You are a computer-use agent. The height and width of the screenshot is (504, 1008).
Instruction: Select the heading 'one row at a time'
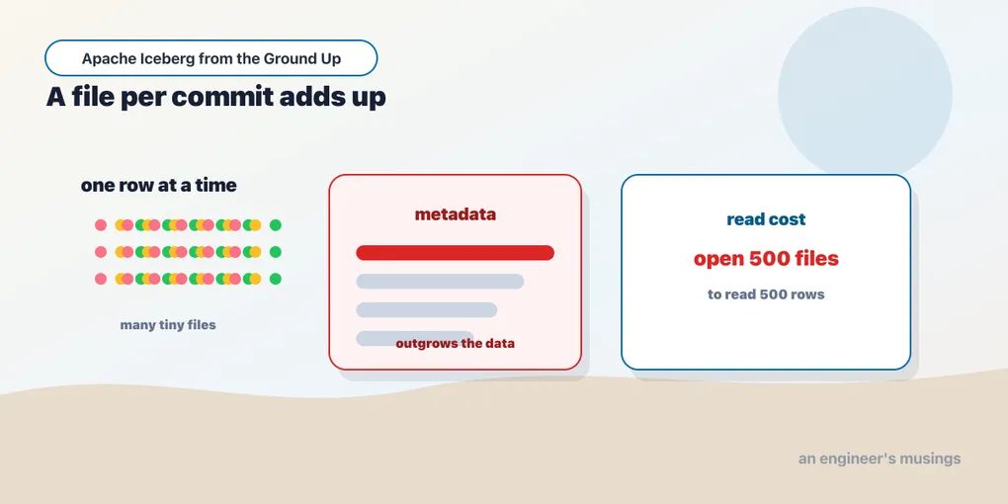pyautogui.click(x=159, y=185)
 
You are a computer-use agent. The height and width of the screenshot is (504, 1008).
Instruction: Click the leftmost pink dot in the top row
pyautogui.click(x=100, y=225)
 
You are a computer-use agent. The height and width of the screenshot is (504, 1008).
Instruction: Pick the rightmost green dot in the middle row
pyautogui.click(x=275, y=252)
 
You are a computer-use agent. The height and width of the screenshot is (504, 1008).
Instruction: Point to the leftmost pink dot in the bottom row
pyautogui.click(x=100, y=279)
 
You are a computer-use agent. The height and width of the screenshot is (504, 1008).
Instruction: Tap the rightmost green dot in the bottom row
pyautogui.click(x=275, y=279)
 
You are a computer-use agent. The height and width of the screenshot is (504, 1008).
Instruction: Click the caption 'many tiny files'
pyautogui.click(x=168, y=325)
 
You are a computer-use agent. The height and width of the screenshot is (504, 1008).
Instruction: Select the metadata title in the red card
pyautogui.click(x=456, y=214)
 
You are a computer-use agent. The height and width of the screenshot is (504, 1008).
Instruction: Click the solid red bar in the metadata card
pyautogui.click(x=456, y=253)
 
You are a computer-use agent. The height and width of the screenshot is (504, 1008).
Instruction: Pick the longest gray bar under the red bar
pyautogui.click(x=440, y=281)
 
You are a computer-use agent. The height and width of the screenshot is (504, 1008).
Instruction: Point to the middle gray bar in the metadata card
pyautogui.click(x=426, y=310)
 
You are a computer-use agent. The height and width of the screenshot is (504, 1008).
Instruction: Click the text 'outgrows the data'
pyautogui.click(x=456, y=343)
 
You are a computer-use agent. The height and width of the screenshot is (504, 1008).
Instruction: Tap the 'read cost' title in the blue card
pyautogui.click(x=766, y=219)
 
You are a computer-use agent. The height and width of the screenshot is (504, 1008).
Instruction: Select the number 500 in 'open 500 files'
pyautogui.click(x=770, y=259)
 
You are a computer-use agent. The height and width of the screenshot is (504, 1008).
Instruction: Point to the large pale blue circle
pyautogui.click(x=865, y=94)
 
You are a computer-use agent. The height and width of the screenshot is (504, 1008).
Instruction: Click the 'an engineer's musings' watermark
pyautogui.click(x=880, y=459)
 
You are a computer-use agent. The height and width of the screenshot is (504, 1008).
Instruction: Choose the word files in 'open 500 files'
pyautogui.click(x=817, y=259)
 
